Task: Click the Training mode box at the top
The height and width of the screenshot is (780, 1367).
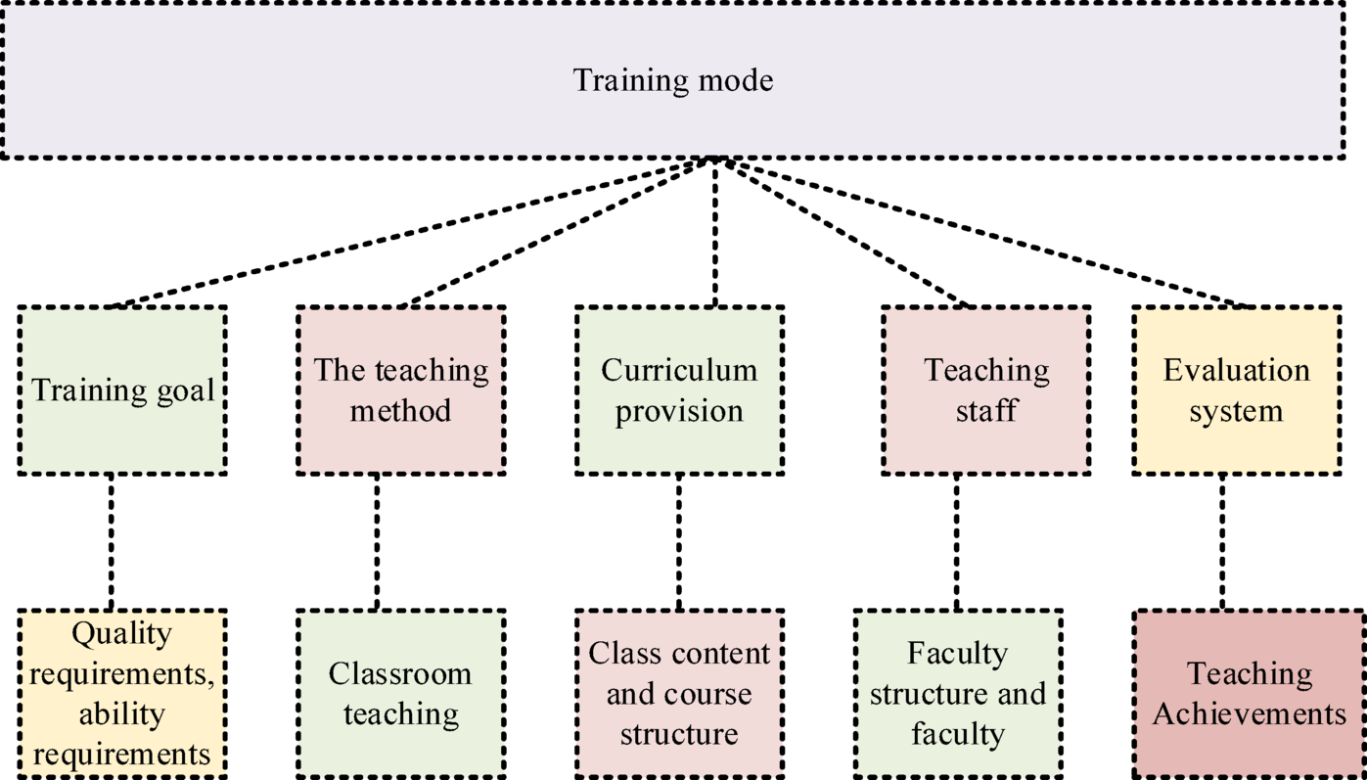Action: (x=672, y=80)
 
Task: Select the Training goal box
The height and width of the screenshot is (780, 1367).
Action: (x=122, y=390)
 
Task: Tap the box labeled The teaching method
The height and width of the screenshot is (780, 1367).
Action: (x=400, y=390)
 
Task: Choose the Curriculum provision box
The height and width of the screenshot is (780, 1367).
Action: (x=679, y=390)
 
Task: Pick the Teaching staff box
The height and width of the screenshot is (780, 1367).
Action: (x=985, y=390)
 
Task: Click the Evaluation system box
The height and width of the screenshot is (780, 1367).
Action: (x=1236, y=390)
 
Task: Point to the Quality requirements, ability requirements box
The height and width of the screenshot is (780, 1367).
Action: (x=122, y=694)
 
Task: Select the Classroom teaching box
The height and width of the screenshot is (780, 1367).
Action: (x=400, y=694)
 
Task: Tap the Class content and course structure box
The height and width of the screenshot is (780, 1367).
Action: (x=679, y=694)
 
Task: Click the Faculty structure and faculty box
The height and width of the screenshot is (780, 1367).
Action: (x=957, y=694)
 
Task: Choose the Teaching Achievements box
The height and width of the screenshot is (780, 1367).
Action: (x=1249, y=694)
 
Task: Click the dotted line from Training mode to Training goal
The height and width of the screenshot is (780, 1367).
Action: (x=411, y=232)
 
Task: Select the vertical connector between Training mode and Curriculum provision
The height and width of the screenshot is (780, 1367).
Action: (x=716, y=232)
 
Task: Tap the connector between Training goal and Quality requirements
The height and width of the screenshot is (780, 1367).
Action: (x=111, y=542)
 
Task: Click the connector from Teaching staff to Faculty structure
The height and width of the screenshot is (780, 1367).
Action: (x=957, y=542)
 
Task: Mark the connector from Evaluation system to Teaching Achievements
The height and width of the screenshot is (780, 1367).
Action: (x=1222, y=542)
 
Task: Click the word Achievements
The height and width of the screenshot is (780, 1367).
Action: (x=1249, y=714)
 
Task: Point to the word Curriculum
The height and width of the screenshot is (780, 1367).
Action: (x=679, y=370)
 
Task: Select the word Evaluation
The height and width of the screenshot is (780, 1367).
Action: (x=1236, y=370)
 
